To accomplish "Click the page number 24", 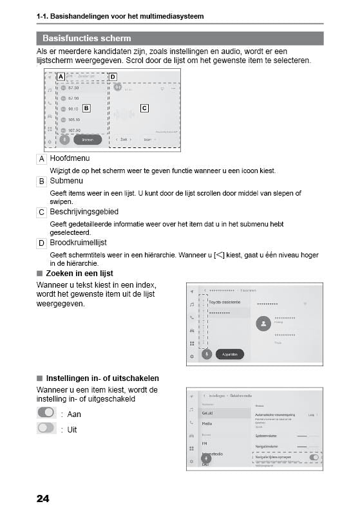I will [43, 497].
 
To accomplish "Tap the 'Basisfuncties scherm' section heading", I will [86, 39].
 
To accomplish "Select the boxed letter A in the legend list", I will [42, 158].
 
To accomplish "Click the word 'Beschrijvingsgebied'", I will [84, 212].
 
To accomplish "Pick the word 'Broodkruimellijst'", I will [78, 243].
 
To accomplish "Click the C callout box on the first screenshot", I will [144, 108].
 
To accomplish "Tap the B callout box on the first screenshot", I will [86, 108].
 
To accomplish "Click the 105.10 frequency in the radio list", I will [73, 120].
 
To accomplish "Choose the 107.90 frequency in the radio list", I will [73, 130].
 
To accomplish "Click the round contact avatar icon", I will [262, 324].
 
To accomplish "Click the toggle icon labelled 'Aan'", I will [46, 413].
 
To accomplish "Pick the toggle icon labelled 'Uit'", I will [46, 428].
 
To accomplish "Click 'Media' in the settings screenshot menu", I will [207, 424].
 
